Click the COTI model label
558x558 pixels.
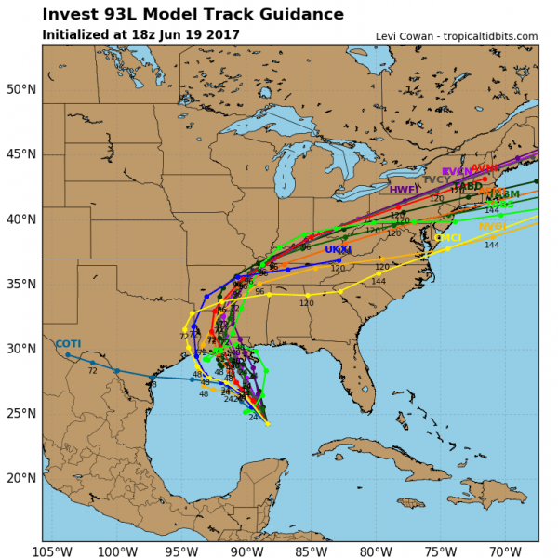(x=68, y=344)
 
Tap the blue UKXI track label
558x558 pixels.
(x=338, y=250)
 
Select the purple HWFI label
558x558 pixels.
(x=403, y=190)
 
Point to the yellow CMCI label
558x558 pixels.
(x=447, y=239)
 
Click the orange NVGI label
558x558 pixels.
(x=492, y=227)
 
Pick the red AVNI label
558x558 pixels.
(x=485, y=168)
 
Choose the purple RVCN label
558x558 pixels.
(x=457, y=172)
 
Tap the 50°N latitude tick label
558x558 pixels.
(x=20, y=89)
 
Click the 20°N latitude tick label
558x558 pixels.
(x=20, y=478)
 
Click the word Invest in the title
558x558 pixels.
(x=74, y=15)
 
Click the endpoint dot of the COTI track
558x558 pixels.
(x=67, y=354)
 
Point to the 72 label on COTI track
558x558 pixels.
(x=92, y=371)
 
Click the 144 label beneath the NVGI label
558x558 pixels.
(x=492, y=245)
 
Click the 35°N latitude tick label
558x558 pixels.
(x=20, y=284)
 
